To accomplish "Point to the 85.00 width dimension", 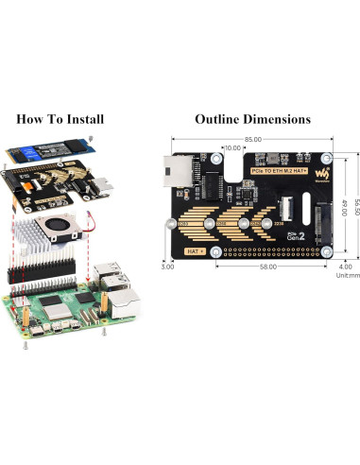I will (252, 140).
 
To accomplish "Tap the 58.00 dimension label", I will (266, 267).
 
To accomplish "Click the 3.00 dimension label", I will (168, 267).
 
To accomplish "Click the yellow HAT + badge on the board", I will (198, 251).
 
